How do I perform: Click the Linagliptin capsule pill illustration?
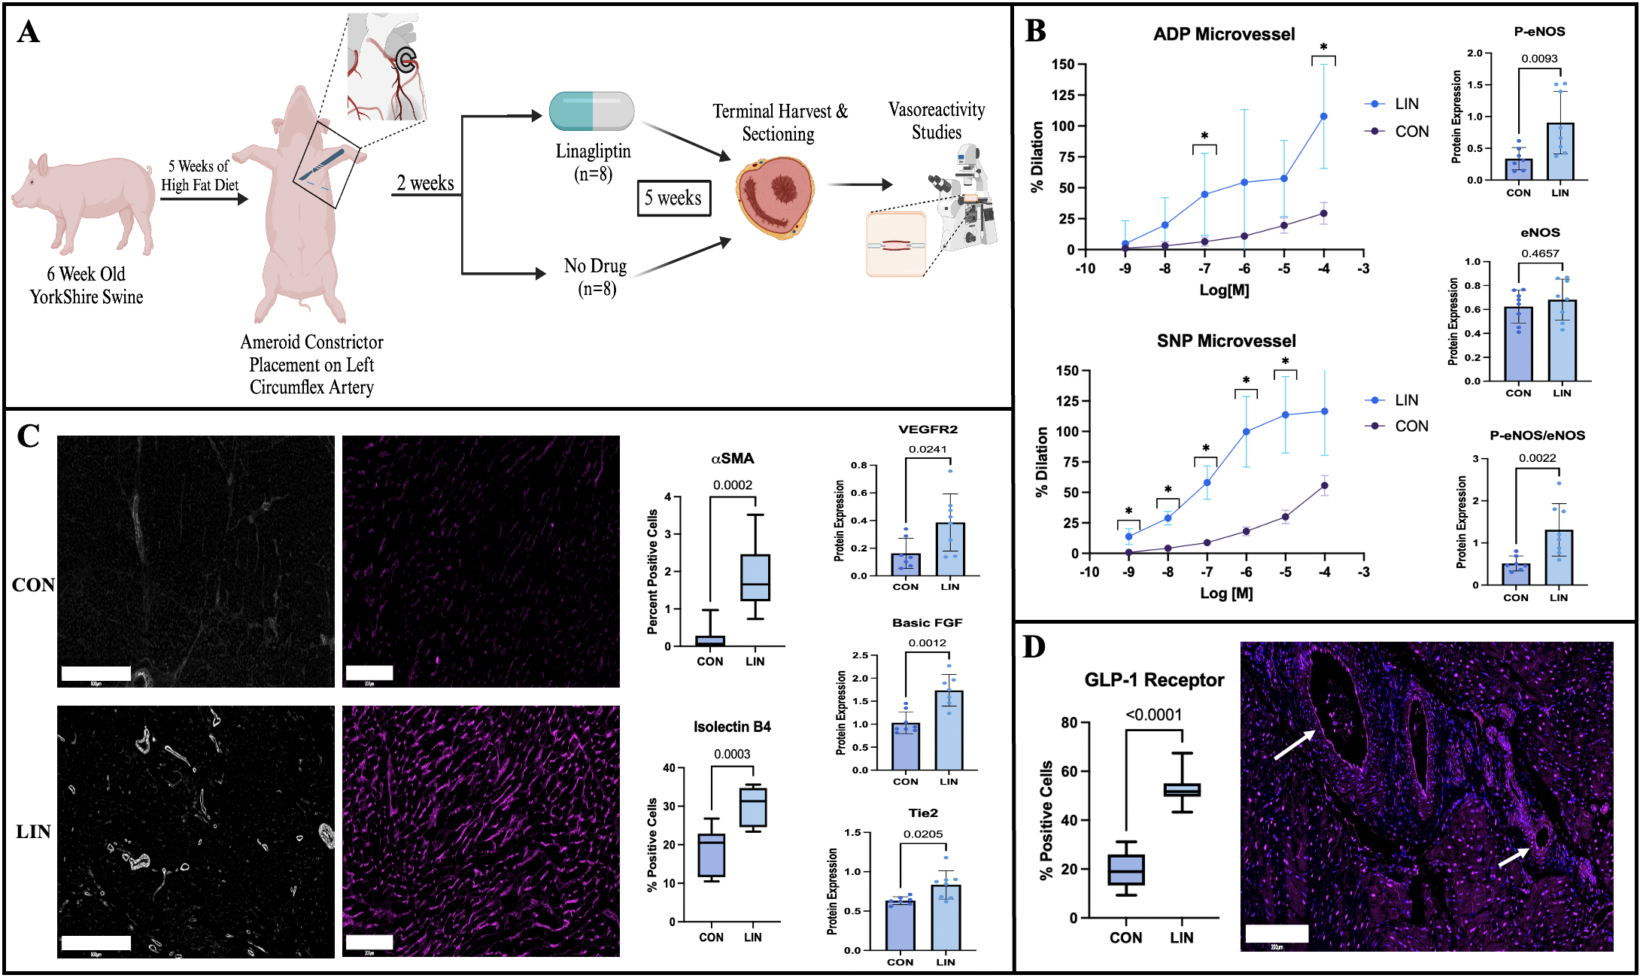pos(592,111)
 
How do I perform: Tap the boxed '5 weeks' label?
pos(673,198)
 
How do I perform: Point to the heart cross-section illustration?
pos(775,197)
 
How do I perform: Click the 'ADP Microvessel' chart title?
pos(1224,35)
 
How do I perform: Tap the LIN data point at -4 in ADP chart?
pos(1323,117)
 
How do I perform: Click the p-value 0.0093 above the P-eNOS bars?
pos(1539,59)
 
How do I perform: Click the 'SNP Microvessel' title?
pos(1226,342)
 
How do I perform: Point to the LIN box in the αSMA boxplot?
pos(755,578)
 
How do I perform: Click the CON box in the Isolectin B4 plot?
pos(711,855)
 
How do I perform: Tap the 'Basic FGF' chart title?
pos(927,623)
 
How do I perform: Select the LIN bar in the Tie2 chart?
pos(946,917)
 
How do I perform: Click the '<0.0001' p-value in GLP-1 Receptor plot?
pos(1153,715)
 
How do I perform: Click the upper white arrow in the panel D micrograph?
pos(1295,744)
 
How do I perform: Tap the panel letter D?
pos(1034,647)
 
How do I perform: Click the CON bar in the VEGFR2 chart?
pos(905,564)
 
